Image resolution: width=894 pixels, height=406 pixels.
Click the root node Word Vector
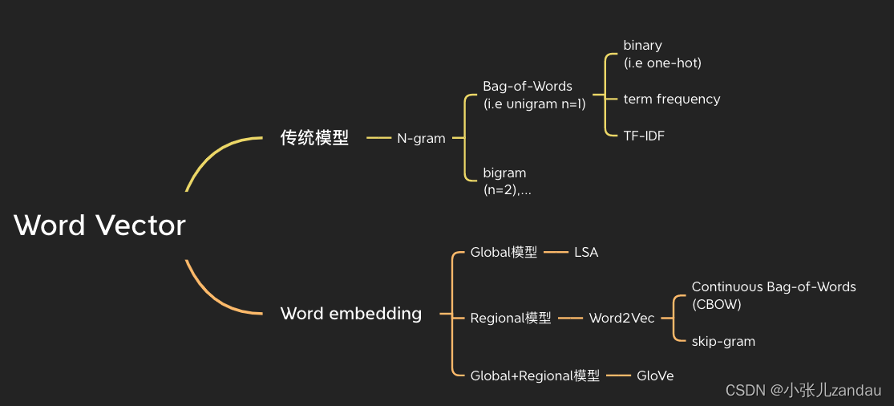(99, 225)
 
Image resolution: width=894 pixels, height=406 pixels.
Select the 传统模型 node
(314, 138)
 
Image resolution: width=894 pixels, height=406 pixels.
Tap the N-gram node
(421, 138)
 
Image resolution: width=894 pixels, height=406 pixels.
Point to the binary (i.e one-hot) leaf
(662, 54)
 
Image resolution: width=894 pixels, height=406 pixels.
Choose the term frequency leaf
(672, 99)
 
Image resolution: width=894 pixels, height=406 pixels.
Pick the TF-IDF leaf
(644, 136)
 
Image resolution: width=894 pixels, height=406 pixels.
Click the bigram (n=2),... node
(507, 181)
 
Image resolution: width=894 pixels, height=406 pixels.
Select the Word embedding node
(351, 314)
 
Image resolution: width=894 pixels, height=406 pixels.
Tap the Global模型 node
(504, 253)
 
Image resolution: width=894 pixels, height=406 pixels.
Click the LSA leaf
(586, 253)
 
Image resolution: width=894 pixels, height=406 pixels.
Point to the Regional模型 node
(511, 319)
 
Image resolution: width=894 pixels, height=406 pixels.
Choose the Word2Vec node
(621, 319)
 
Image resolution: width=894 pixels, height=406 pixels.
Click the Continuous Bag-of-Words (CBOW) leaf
(774, 295)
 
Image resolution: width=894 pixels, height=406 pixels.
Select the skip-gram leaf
(723, 342)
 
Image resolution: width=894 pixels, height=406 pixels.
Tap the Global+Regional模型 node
(535, 376)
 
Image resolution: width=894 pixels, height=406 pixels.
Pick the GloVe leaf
(655, 376)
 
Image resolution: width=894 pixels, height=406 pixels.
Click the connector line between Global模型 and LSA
(556, 253)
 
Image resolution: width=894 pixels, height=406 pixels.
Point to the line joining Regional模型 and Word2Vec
(570, 319)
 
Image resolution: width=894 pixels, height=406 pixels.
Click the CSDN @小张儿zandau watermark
(803, 391)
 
